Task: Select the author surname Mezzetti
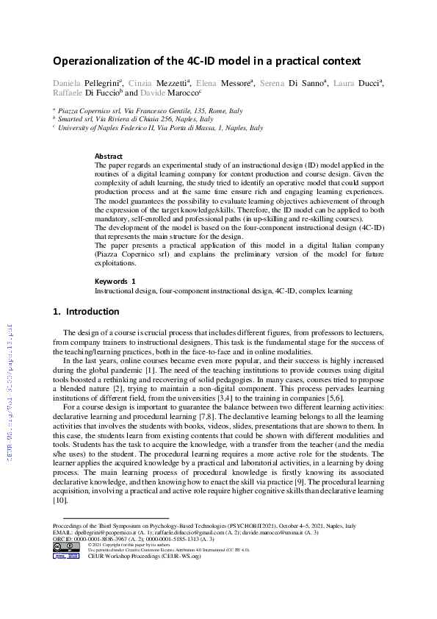coord(169,83)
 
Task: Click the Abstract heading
coord(109,156)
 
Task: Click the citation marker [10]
coord(59,500)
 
